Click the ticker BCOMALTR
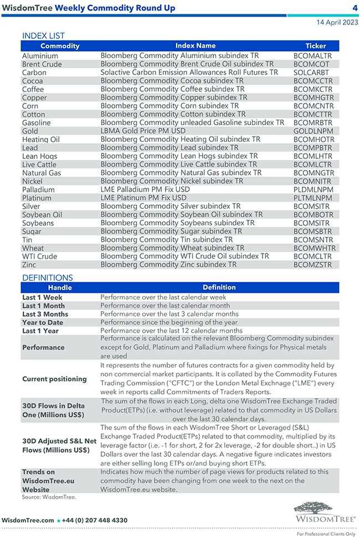pyautogui.click(x=312, y=56)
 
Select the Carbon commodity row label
pyautogui.click(x=34, y=73)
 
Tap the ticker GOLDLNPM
pyautogui.click(x=313, y=131)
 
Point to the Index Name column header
pyautogui.click(x=196, y=46)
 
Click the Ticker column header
pyautogui.click(x=316, y=46)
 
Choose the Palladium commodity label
pyautogui.click(x=38, y=189)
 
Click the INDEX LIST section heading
pyautogui.click(x=44, y=35)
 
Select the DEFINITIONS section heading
pyautogui.click(x=48, y=277)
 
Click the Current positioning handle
pyautogui.click(x=54, y=379)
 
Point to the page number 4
pyautogui.click(x=354, y=8)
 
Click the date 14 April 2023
pyautogui.click(x=337, y=23)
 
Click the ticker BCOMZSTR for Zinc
pyautogui.click(x=313, y=265)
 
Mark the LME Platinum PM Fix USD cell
pyautogui.click(x=143, y=198)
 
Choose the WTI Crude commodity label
pyautogui.click(x=39, y=256)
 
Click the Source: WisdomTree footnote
pyautogui.click(x=49, y=497)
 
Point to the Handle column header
pyautogui.click(x=60, y=288)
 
